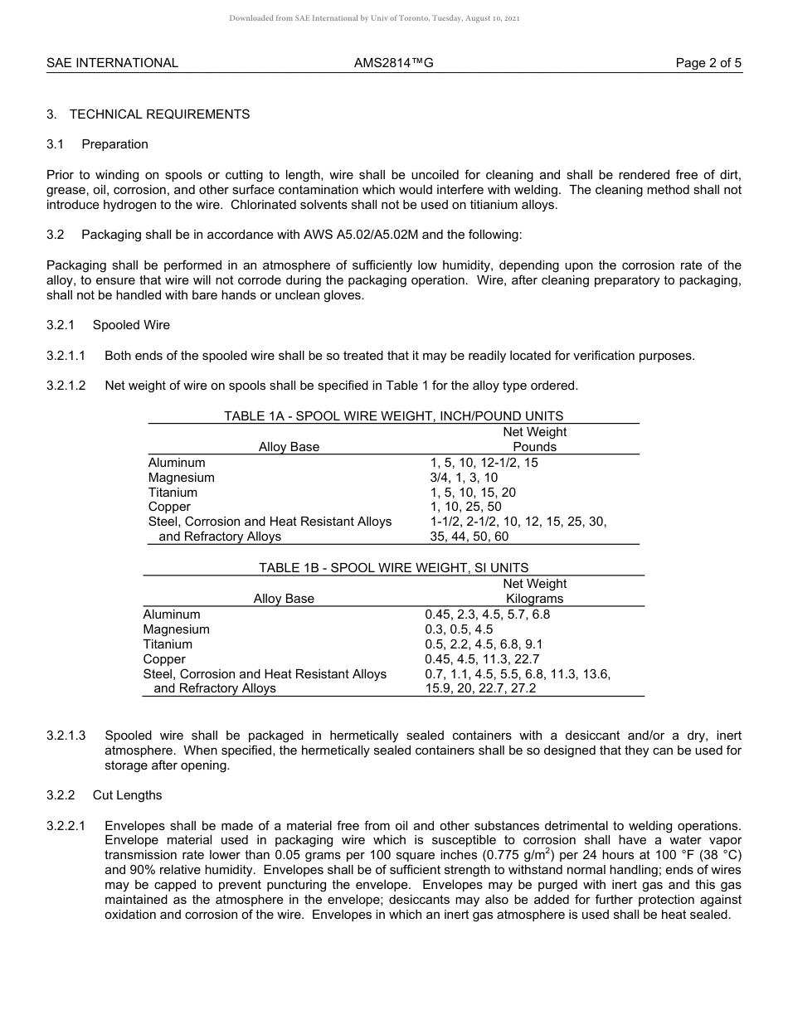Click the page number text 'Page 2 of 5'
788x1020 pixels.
coord(708,63)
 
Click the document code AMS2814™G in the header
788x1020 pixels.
coord(393,63)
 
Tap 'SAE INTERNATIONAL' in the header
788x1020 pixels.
coord(112,63)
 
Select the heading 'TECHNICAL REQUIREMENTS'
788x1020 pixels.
coord(159,114)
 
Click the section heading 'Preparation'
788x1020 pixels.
coord(114,144)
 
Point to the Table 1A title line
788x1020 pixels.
coord(393,416)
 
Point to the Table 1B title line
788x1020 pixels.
coord(393,568)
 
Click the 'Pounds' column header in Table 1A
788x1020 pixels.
coord(534,447)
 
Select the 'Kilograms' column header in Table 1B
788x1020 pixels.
coord(534,599)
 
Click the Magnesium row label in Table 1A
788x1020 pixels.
coord(181,478)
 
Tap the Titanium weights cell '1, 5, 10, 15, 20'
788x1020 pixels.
coord(473,493)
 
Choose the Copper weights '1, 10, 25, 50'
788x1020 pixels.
coord(465,507)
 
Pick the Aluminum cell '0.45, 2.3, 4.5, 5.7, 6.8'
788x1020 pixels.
coord(487,614)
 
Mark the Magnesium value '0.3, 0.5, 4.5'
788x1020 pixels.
coord(459,629)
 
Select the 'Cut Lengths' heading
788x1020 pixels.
coord(127,795)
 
